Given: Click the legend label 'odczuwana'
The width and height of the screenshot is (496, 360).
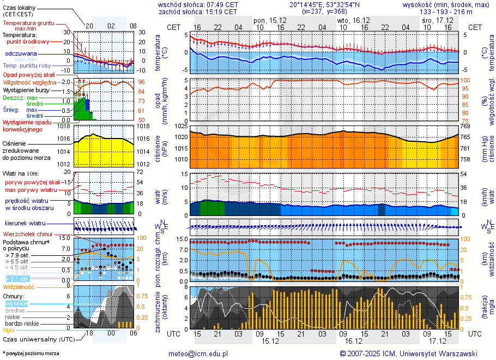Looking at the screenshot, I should click(x=21, y=54).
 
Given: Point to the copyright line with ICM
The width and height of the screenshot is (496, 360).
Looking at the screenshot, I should click(x=408, y=353).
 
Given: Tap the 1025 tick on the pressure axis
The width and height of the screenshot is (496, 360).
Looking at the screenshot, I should click(x=181, y=126).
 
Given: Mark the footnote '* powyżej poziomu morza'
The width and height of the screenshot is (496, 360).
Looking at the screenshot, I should click(x=31, y=353).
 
